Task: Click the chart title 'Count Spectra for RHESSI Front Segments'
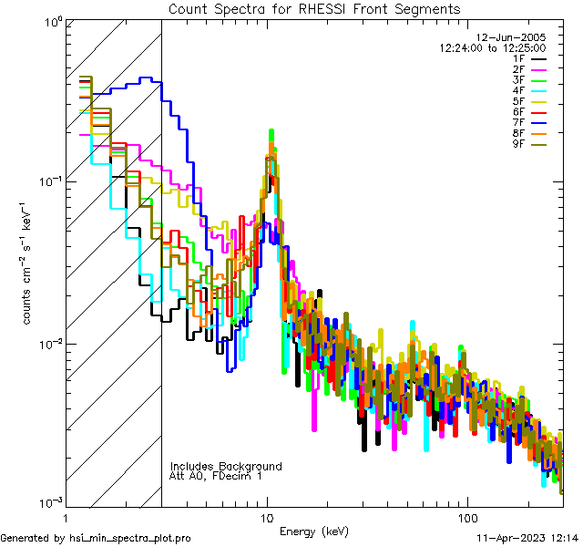point(314,9)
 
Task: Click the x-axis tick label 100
point(466,517)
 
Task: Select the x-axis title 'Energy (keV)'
point(314,532)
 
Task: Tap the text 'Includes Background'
point(225,466)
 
